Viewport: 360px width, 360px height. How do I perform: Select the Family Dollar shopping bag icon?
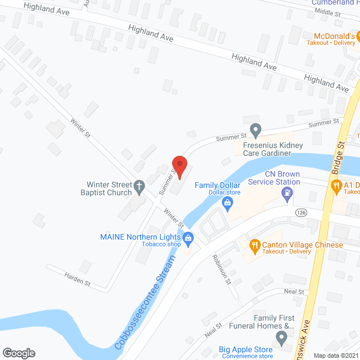(228, 202)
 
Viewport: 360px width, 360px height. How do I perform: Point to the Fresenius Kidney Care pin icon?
(255, 131)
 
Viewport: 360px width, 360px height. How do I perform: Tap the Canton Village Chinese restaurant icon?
(254, 245)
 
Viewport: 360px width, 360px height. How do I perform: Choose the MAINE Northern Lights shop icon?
(189, 237)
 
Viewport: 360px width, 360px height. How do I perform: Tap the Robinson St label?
(221, 269)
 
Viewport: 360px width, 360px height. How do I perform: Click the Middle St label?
(328, 11)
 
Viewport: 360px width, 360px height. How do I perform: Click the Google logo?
(19, 353)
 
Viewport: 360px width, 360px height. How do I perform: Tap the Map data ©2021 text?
(335, 354)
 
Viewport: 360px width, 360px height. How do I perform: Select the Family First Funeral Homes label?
(274, 322)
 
